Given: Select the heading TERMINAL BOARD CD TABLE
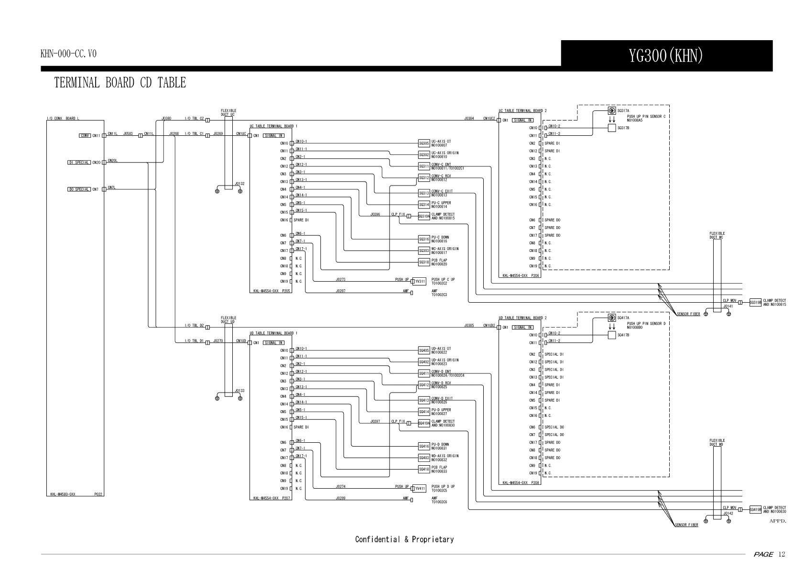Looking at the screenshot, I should point(120,83).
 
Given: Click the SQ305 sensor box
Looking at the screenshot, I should point(424,143).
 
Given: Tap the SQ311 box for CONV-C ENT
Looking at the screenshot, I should point(424,166).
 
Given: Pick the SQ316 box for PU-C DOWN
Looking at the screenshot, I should point(424,239).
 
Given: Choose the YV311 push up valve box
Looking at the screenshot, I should point(420,282).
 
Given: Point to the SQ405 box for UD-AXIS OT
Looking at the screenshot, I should point(424,350).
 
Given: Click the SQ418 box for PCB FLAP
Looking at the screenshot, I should point(424,470).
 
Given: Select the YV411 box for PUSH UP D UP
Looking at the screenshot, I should point(420,489).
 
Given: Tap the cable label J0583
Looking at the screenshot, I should point(128,134).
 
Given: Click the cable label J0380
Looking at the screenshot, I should point(166,118).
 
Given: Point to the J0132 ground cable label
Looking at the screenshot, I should point(239,184).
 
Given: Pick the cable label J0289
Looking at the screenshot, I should point(340,498).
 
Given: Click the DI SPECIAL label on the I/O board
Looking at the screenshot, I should point(79,163).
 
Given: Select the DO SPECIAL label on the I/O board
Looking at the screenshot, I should point(79,189).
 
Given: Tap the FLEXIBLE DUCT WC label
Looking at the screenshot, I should point(717,235).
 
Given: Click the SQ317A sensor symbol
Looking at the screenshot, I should point(611,111).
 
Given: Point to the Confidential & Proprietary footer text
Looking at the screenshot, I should point(404,539).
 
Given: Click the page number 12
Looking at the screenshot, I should point(782,555).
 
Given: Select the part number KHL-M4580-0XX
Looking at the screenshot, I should point(63,494).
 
